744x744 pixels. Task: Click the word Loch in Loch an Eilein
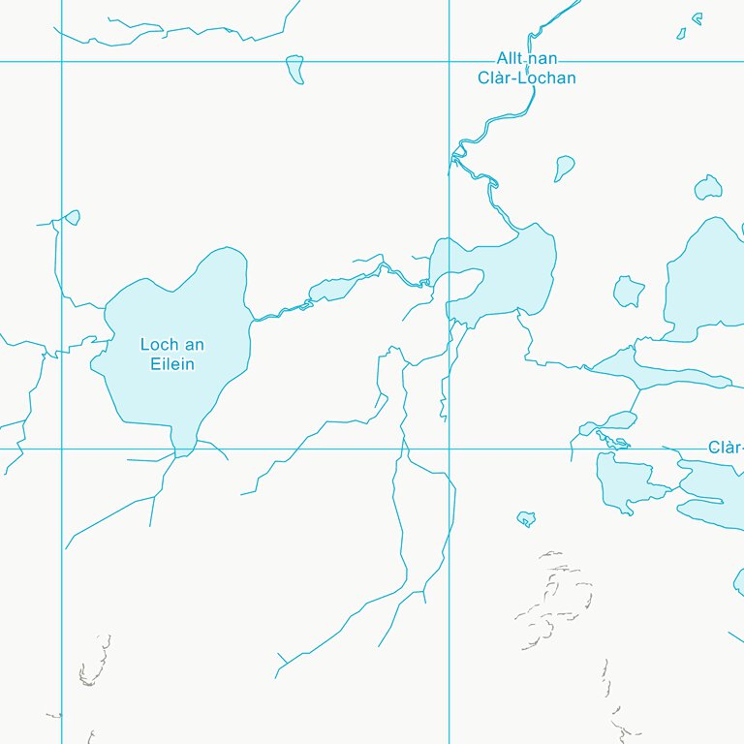(x=157, y=345)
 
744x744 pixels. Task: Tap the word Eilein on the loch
(x=172, y=364)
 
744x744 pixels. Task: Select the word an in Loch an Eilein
(x=194, y=345)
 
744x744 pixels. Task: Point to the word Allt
(x=511, y=59)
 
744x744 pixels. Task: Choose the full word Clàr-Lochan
(x=527, y=77)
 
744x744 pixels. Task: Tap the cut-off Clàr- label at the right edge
(x=726, y=448)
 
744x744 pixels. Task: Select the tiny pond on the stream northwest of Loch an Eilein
(x=71, y=218)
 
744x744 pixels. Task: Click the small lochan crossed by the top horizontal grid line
(x=295, y=68)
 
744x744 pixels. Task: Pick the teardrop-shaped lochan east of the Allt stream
(x=564, y=168)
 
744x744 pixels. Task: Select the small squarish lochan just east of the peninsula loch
(x=629, y=291)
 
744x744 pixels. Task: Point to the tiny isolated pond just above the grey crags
(x=526, y=518)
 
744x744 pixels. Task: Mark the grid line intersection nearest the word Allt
(x=449, y=62)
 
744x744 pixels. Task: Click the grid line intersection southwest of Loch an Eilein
(x=61, y=449)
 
